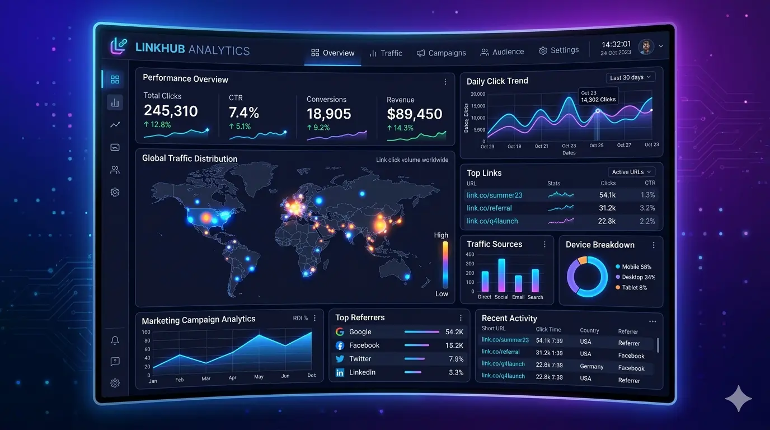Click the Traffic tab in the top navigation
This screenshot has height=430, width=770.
pyautogui.click(x=386, y=53)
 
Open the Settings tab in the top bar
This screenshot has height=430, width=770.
pyautogui.click(x=558, y=50)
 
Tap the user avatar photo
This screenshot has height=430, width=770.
pyautogui.click(x=646, y=47)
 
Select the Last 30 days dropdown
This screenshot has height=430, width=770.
pyautogui.click(x=630, y=77)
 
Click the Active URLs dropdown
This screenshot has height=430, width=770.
pyautogui.click(x=631, y=172)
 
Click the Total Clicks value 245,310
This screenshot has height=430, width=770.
pyautogui.click(x=171, y=111)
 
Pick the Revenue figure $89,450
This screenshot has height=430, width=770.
pyautogui.click(x=414, y=114)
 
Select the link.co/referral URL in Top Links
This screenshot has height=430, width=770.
pyautogui.click(x=489, y=208)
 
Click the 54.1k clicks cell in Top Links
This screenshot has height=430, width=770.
pyautogui.click(x=607, y=195)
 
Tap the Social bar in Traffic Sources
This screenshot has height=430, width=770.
pyautogui.click(x=501, y=275)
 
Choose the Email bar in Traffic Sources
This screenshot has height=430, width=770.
pyautogui.click(x=518, y=283)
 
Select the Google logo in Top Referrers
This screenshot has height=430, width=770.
pyautogui.click(x=340, y=331)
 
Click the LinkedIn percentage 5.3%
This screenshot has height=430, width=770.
pyautogui.click(x=456, y=372)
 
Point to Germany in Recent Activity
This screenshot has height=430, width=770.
pyautogui.click(x=591, y=367)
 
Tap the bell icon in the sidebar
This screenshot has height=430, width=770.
pyautogui.click(x=115, y=340)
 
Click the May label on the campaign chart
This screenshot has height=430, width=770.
pyautogui.click(x=259, y=377)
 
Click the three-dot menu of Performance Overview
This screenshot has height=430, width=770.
pyautogui.click(x=445, y=82)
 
